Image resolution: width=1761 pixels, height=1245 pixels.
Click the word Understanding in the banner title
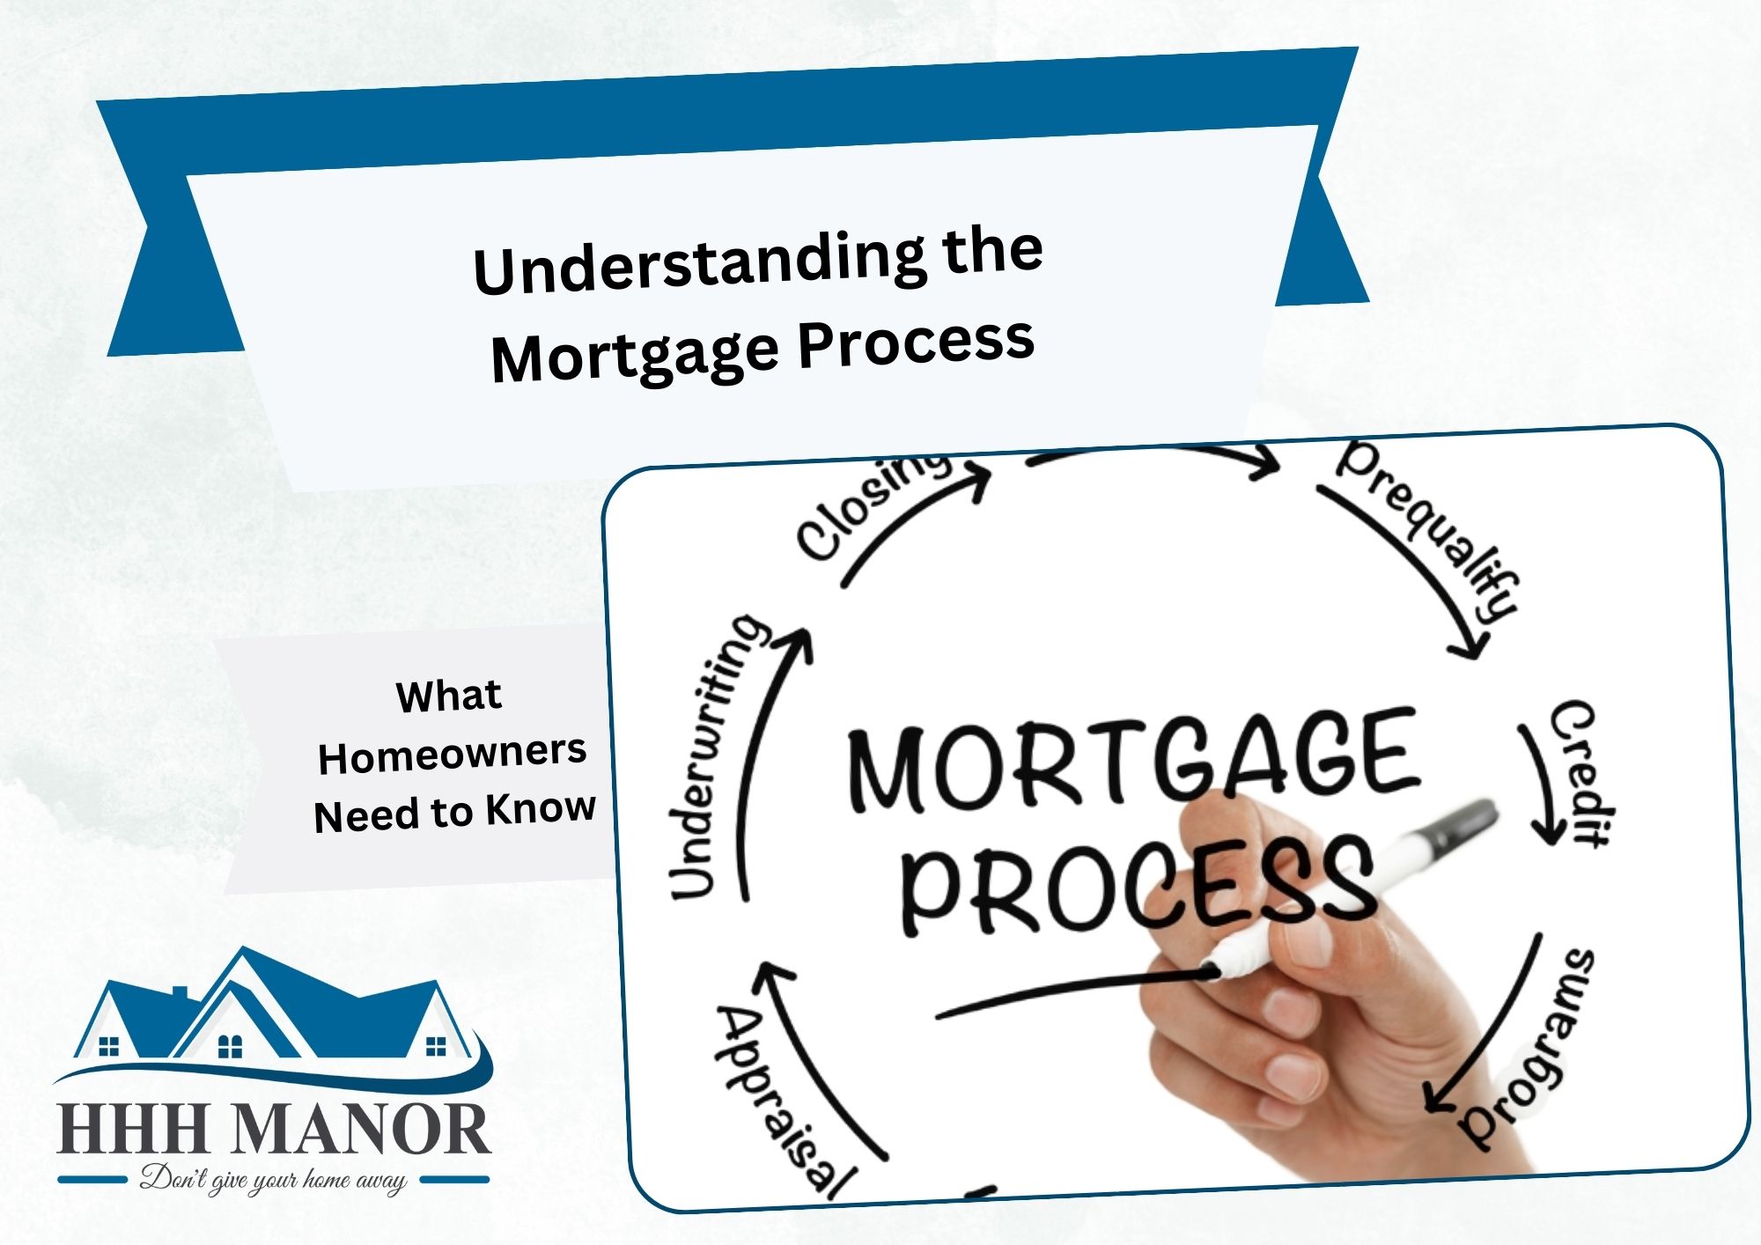(x=700, y=262)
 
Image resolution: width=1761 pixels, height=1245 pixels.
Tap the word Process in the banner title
(x=916, y=342)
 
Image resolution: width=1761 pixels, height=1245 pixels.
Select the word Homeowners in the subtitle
(x=452, y=755)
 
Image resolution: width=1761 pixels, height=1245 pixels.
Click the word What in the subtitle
(x=449, y=696)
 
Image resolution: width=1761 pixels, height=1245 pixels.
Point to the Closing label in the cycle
(x=872, y=508)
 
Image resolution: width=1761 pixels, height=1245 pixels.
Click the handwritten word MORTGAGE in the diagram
(x=1132, y=761)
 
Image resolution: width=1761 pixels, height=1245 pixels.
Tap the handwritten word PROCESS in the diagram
(x=1136, y=883)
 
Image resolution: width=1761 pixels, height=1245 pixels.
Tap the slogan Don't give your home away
(x=273, y=1180)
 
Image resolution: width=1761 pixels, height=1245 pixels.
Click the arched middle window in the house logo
(x=230, y=1045)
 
